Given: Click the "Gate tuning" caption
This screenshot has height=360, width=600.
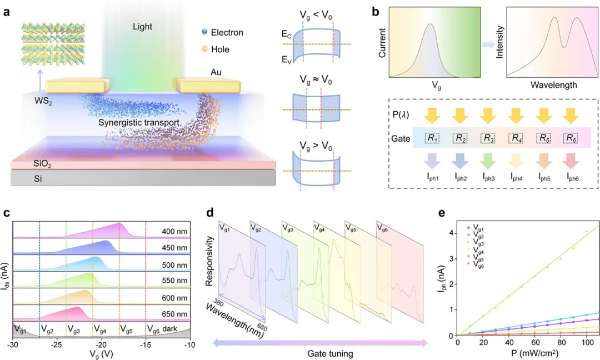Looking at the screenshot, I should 321,354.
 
